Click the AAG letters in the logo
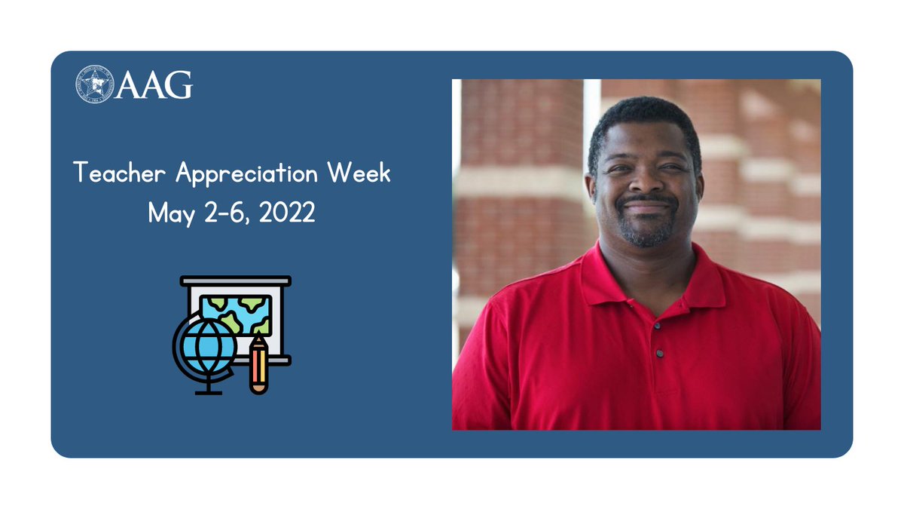154,84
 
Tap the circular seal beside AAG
94,84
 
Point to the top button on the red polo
658,327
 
